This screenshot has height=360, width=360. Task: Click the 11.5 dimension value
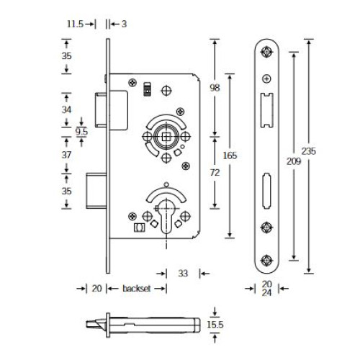tap(75, 24)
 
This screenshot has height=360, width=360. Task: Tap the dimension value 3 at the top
tap(124, 24)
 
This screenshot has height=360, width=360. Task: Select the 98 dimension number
tap(215, 88)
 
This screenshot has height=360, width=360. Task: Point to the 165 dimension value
tap(230, 156)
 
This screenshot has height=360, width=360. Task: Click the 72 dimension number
tap(215, 172)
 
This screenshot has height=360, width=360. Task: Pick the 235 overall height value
tap(309, 151)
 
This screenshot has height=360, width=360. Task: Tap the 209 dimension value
tap(294, 161)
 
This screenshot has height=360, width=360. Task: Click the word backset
tap(137, 288)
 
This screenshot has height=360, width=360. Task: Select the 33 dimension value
tap(183, 274)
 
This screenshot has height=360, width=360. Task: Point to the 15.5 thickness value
tap(215, 325)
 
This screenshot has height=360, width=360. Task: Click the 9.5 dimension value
tap(81, 132)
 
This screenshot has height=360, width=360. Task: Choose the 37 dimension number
tap(66, 155)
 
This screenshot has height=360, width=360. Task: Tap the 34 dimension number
tap(66, 109)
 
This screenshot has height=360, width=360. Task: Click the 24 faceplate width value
tap(266, 292)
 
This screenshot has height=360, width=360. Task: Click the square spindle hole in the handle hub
tap(166, 137)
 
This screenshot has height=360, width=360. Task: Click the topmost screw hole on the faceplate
tap(266, 52)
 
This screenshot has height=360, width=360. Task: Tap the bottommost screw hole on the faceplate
tap(266, 261)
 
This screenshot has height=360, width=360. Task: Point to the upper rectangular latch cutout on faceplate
tap(266, 110)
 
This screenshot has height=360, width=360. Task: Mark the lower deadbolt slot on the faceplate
tap(266, 191)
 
